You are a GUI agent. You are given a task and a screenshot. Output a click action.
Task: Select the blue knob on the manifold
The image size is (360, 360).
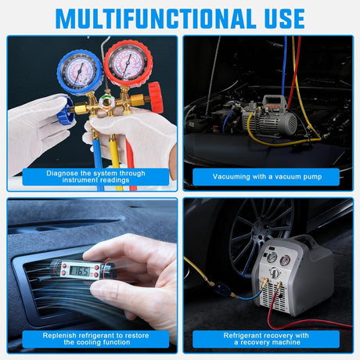[x=65, y=116]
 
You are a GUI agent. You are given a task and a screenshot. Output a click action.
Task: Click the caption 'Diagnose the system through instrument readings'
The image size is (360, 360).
[x=95, y=176]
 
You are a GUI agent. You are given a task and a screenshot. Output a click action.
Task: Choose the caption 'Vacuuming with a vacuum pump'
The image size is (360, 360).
[x=265, y=177]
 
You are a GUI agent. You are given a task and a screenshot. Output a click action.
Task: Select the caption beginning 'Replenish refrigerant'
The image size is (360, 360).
[x=95, y=338]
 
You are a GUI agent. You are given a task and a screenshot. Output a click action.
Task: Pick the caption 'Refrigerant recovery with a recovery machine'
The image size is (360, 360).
[x=265, y=338]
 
